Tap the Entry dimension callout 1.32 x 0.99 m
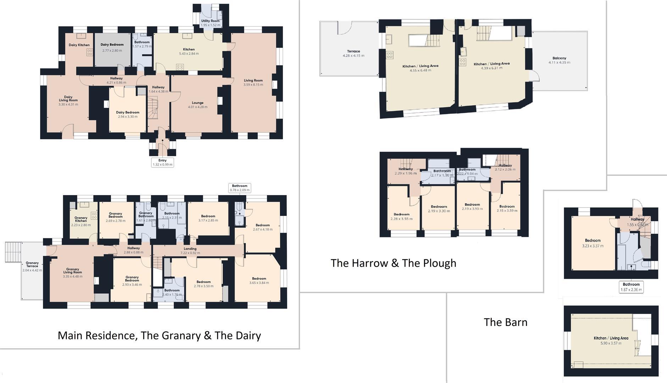162,162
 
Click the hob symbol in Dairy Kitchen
90,52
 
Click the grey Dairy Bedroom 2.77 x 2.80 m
112,48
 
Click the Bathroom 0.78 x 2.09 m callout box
240,188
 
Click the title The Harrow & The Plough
393,263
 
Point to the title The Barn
505,322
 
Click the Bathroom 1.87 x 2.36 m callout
631,287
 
